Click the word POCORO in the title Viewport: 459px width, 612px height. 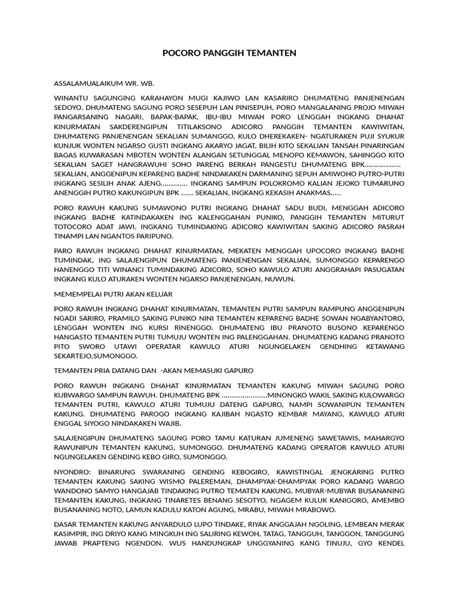coord(179,54)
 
